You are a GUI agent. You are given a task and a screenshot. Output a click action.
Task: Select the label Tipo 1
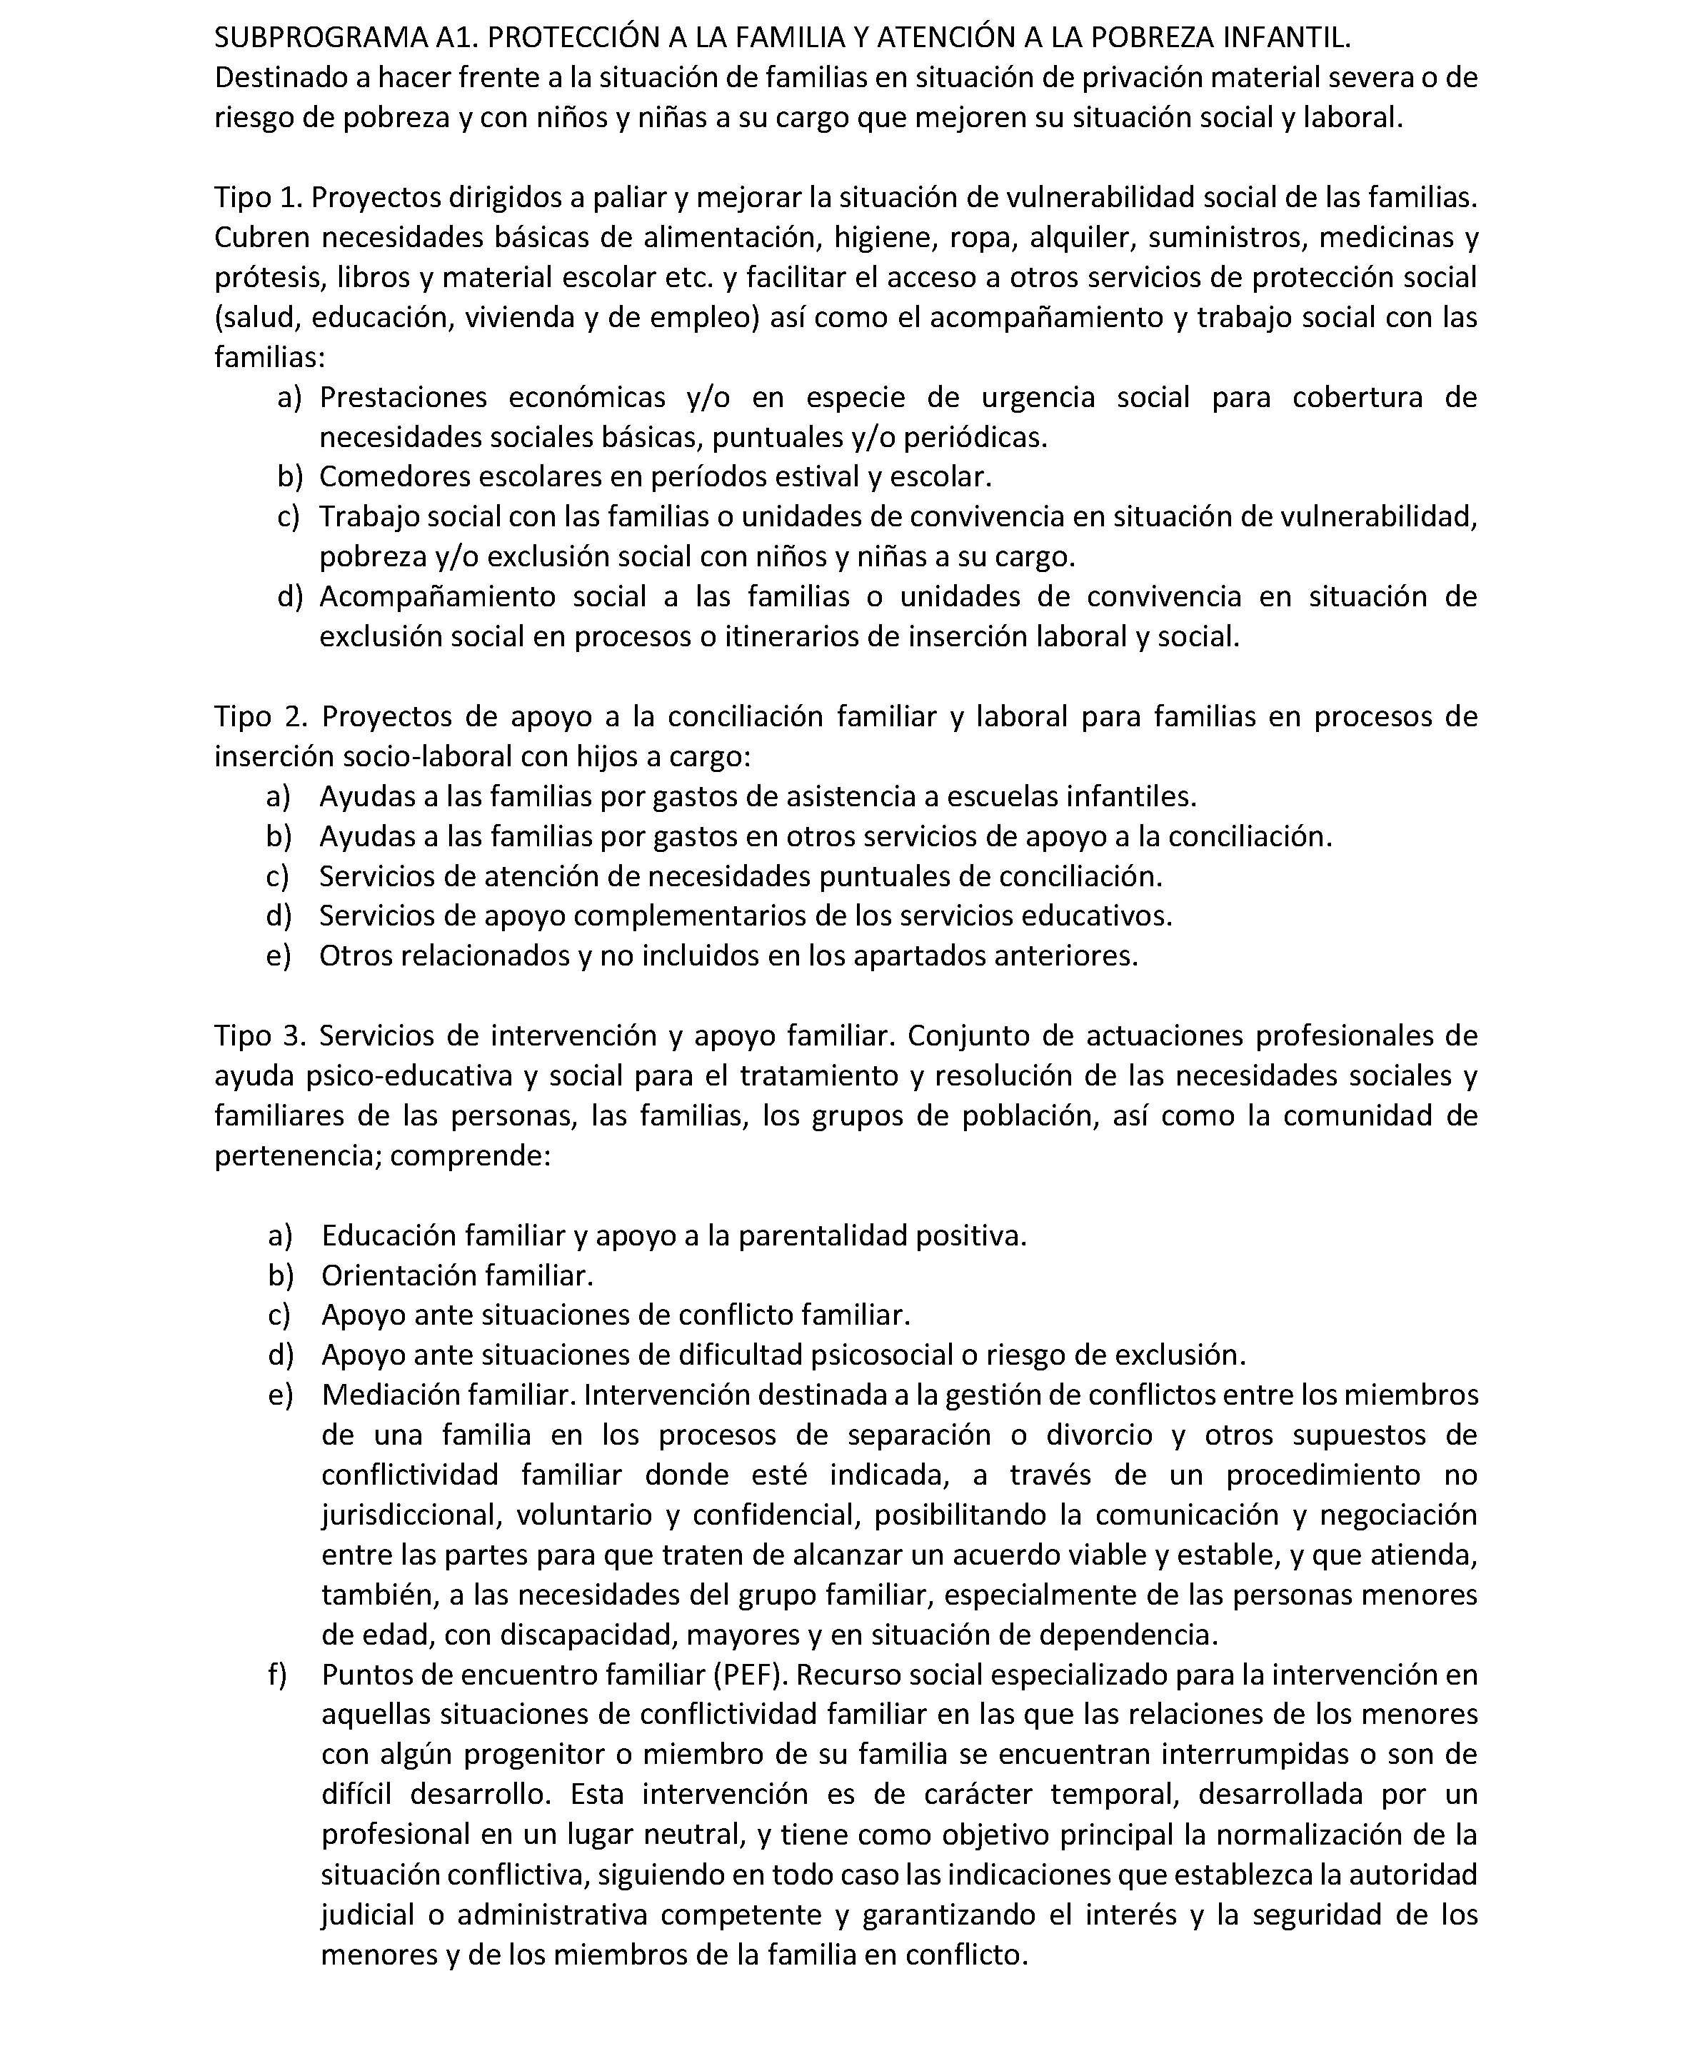(258, 198)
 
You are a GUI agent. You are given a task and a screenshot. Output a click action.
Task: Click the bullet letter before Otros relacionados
(279, 956)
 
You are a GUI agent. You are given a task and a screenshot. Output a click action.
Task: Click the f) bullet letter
(278, 1675)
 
